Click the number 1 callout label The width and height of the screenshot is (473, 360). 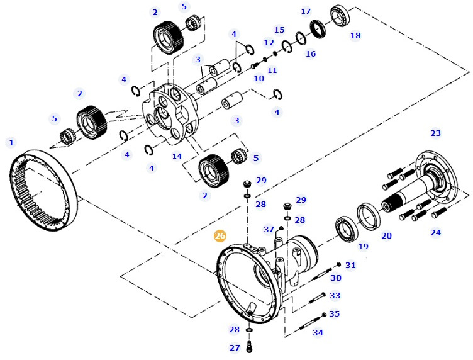11,142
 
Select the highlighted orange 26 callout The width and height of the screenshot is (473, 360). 220,236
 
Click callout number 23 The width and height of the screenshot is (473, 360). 435,133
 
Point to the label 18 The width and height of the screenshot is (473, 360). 355,36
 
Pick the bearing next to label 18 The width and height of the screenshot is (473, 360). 341,16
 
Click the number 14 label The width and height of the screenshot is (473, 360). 177,156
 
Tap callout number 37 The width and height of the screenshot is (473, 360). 269,230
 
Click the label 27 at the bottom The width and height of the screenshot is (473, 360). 235,347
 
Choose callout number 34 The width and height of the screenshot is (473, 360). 318,332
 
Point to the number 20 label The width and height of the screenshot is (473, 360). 386,236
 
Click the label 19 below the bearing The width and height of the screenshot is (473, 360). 363,246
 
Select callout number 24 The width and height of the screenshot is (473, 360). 435,233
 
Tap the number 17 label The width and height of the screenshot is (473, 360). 306,11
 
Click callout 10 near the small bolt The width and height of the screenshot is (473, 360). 259,79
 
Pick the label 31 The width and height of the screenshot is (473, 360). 350,266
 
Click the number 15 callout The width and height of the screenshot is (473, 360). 279,30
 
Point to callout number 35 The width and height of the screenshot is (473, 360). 334,313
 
